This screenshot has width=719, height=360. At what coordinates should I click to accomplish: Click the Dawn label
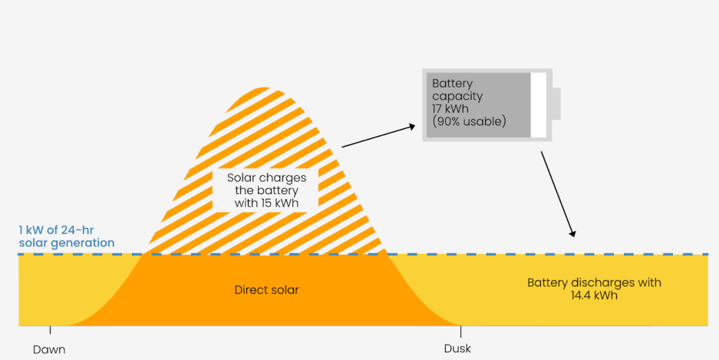pyautogui.click(x=49, y=350)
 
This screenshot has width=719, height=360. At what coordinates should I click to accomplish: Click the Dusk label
pyautogui.click(x=457, y=348)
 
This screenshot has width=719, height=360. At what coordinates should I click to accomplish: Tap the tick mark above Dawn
pyautogui.click(x=50, y=330)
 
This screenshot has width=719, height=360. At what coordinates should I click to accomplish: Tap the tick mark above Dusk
pyautogui.click(x=460, y=331)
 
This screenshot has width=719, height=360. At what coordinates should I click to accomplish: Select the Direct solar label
pyautogui.click(x=266, y=290)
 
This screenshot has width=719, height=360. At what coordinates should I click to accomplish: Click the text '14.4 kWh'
pyautogui.click(x=594, y=295)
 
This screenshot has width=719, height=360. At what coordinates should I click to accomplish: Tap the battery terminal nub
pyautogui.click(x=556, y=104)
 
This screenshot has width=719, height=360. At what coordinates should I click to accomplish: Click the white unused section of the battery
pyautogui.click(x=539, y=105)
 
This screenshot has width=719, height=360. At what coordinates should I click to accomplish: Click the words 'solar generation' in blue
pyautogui.click(x=67, y=243)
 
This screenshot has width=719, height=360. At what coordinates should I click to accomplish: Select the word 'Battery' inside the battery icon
pyautogui.click(x=453, y=84)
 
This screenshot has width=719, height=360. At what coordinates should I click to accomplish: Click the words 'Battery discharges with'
pyautogui.click(x=594, y=282)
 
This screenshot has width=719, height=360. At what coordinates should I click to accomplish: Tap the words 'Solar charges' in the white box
pyautogui.click(x=265, y=178)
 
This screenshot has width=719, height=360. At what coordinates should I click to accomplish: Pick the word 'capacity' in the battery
pyautogui.click(x=457, y=97)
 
